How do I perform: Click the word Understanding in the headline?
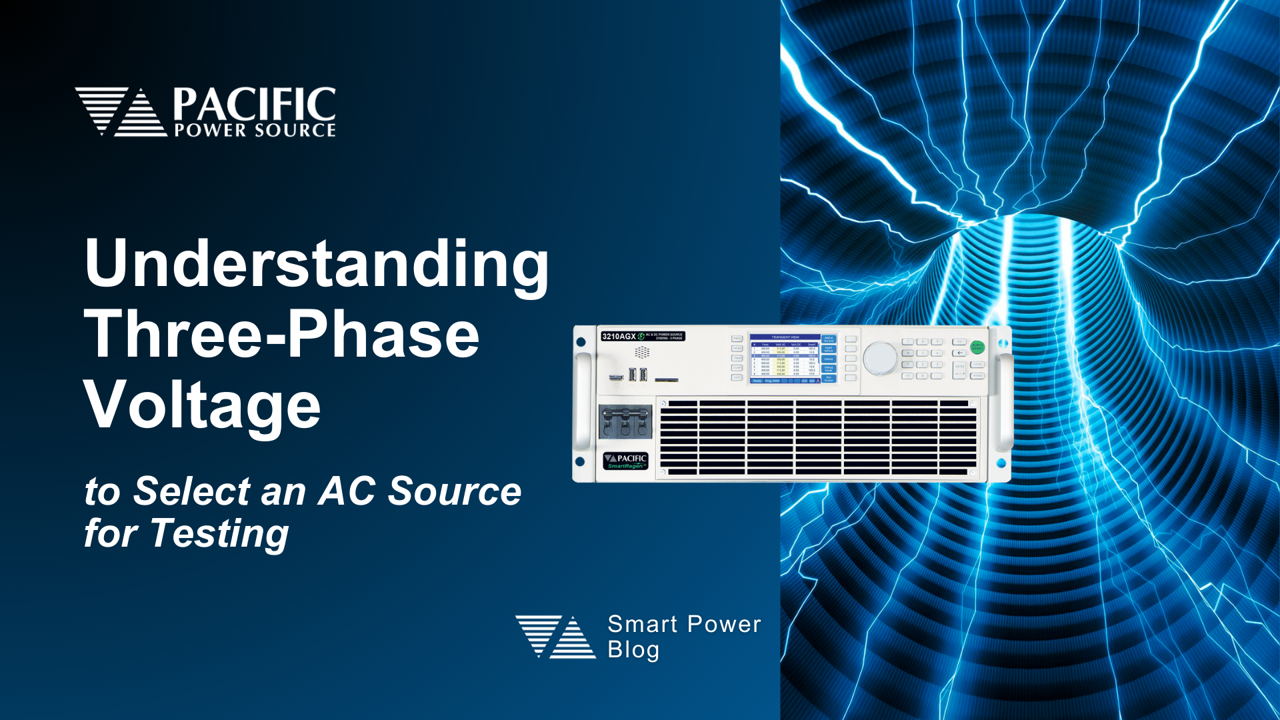click(317, 265)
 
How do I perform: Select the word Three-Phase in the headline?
click(281, 335)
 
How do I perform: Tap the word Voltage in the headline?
click(202, 405)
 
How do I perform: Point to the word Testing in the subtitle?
click(220, 533)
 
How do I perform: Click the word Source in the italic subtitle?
click(455, 491)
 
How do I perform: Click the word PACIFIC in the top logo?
click(254, 105)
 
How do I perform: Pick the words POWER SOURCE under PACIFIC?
click(255, 131)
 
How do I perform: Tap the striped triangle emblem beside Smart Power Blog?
click(555, 637)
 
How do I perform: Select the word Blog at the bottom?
click(633, 650)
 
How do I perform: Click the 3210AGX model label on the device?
click(619, 336)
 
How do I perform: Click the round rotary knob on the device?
click(879, 358)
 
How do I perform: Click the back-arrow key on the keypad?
click(960, 353)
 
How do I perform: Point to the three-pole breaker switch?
click(625, 421)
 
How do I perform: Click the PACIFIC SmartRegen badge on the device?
click(625, 461)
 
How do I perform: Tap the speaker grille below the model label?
click(642, 352)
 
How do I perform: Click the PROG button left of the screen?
click(737, 339)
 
